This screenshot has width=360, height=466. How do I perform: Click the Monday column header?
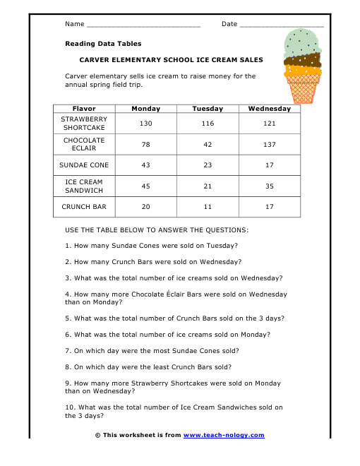(x=146, y=109)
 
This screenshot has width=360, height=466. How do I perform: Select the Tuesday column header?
(x=208, y=109)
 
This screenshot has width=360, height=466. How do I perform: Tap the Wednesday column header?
(x=269, y=109)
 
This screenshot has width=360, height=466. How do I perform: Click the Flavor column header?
(x=84, y=109)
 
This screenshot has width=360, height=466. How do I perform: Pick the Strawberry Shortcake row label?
(x=84, y=124)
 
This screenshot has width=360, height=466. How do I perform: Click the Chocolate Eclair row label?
(x=84, y=144)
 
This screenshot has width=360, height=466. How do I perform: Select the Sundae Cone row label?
(x=84, y=165)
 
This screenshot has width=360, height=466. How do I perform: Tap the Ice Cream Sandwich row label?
(x=84, y=186)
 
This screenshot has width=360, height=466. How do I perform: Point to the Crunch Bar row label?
(x=84, y=207)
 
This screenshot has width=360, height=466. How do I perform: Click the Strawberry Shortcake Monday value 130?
(x=146, y=124)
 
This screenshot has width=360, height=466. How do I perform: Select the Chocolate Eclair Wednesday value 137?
(x=269, y=144)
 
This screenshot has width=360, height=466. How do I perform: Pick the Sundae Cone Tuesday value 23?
(x=208, y=165)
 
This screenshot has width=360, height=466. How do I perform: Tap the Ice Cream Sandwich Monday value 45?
(x=146, y=186)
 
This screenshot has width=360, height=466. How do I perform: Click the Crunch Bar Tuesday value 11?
(x=208, y=207)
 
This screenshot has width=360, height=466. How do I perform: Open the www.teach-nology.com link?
(x=223, y=435)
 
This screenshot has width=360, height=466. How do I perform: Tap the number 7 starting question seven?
(x=67, y=350)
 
